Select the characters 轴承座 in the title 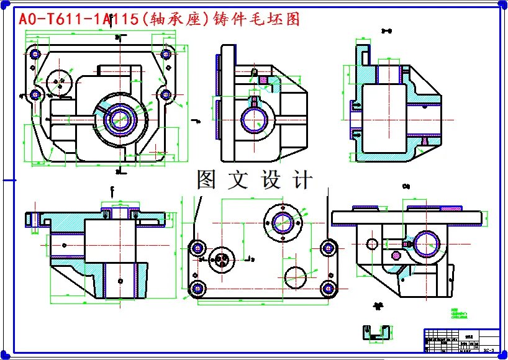click(x=177, y=19)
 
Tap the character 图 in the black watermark click(x=206, y=180)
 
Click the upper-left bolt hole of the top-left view click(x=35, y=54)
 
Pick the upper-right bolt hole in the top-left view click(x=166, y=54)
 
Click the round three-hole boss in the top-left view click(x=60, y=81)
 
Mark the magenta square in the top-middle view click(x=262, y=79)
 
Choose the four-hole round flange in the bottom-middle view click(x=283, y=222)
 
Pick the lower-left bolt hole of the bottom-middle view click(x=198, y=288)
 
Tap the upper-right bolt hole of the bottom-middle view click(x=328, y=248)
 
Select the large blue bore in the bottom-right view click(x=429, y=242)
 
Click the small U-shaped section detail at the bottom click(x=376, y=333)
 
